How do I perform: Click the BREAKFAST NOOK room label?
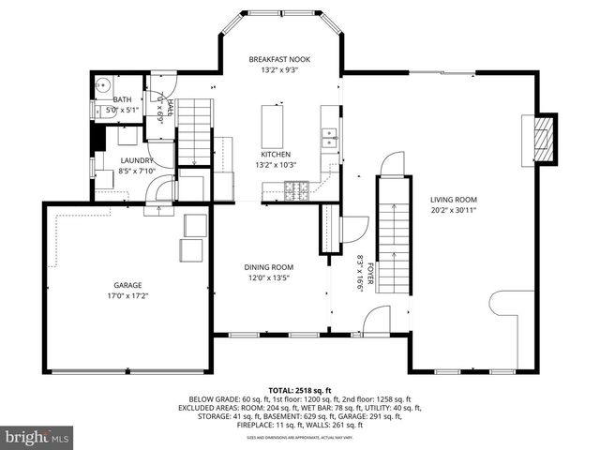[x=278, y=59]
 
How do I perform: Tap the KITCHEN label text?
[x=276, y=154]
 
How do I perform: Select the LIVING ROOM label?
[x=454, y=200]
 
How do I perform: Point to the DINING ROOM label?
[x=269, y=266]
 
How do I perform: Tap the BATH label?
[x=122, y=99]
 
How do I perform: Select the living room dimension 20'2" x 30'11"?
[x=454, y=211]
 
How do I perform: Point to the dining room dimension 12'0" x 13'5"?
[x=269, y=277]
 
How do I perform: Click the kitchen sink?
[x=329, y=139]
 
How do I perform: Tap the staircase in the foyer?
[x=394, y=234]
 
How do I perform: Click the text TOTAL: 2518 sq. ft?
[x=299, y=389]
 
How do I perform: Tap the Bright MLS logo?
[x=37, y=437]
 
